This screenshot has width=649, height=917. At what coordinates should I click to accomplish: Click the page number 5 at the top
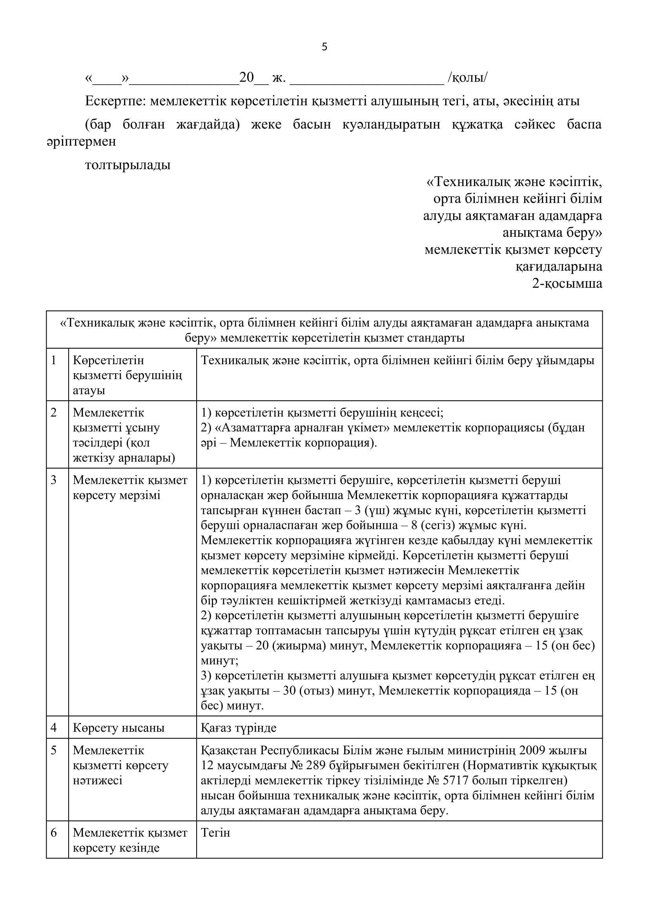[324, 47]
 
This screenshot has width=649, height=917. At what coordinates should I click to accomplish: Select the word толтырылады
[128, 165]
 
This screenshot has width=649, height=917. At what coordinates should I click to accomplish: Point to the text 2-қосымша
[567, 283]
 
